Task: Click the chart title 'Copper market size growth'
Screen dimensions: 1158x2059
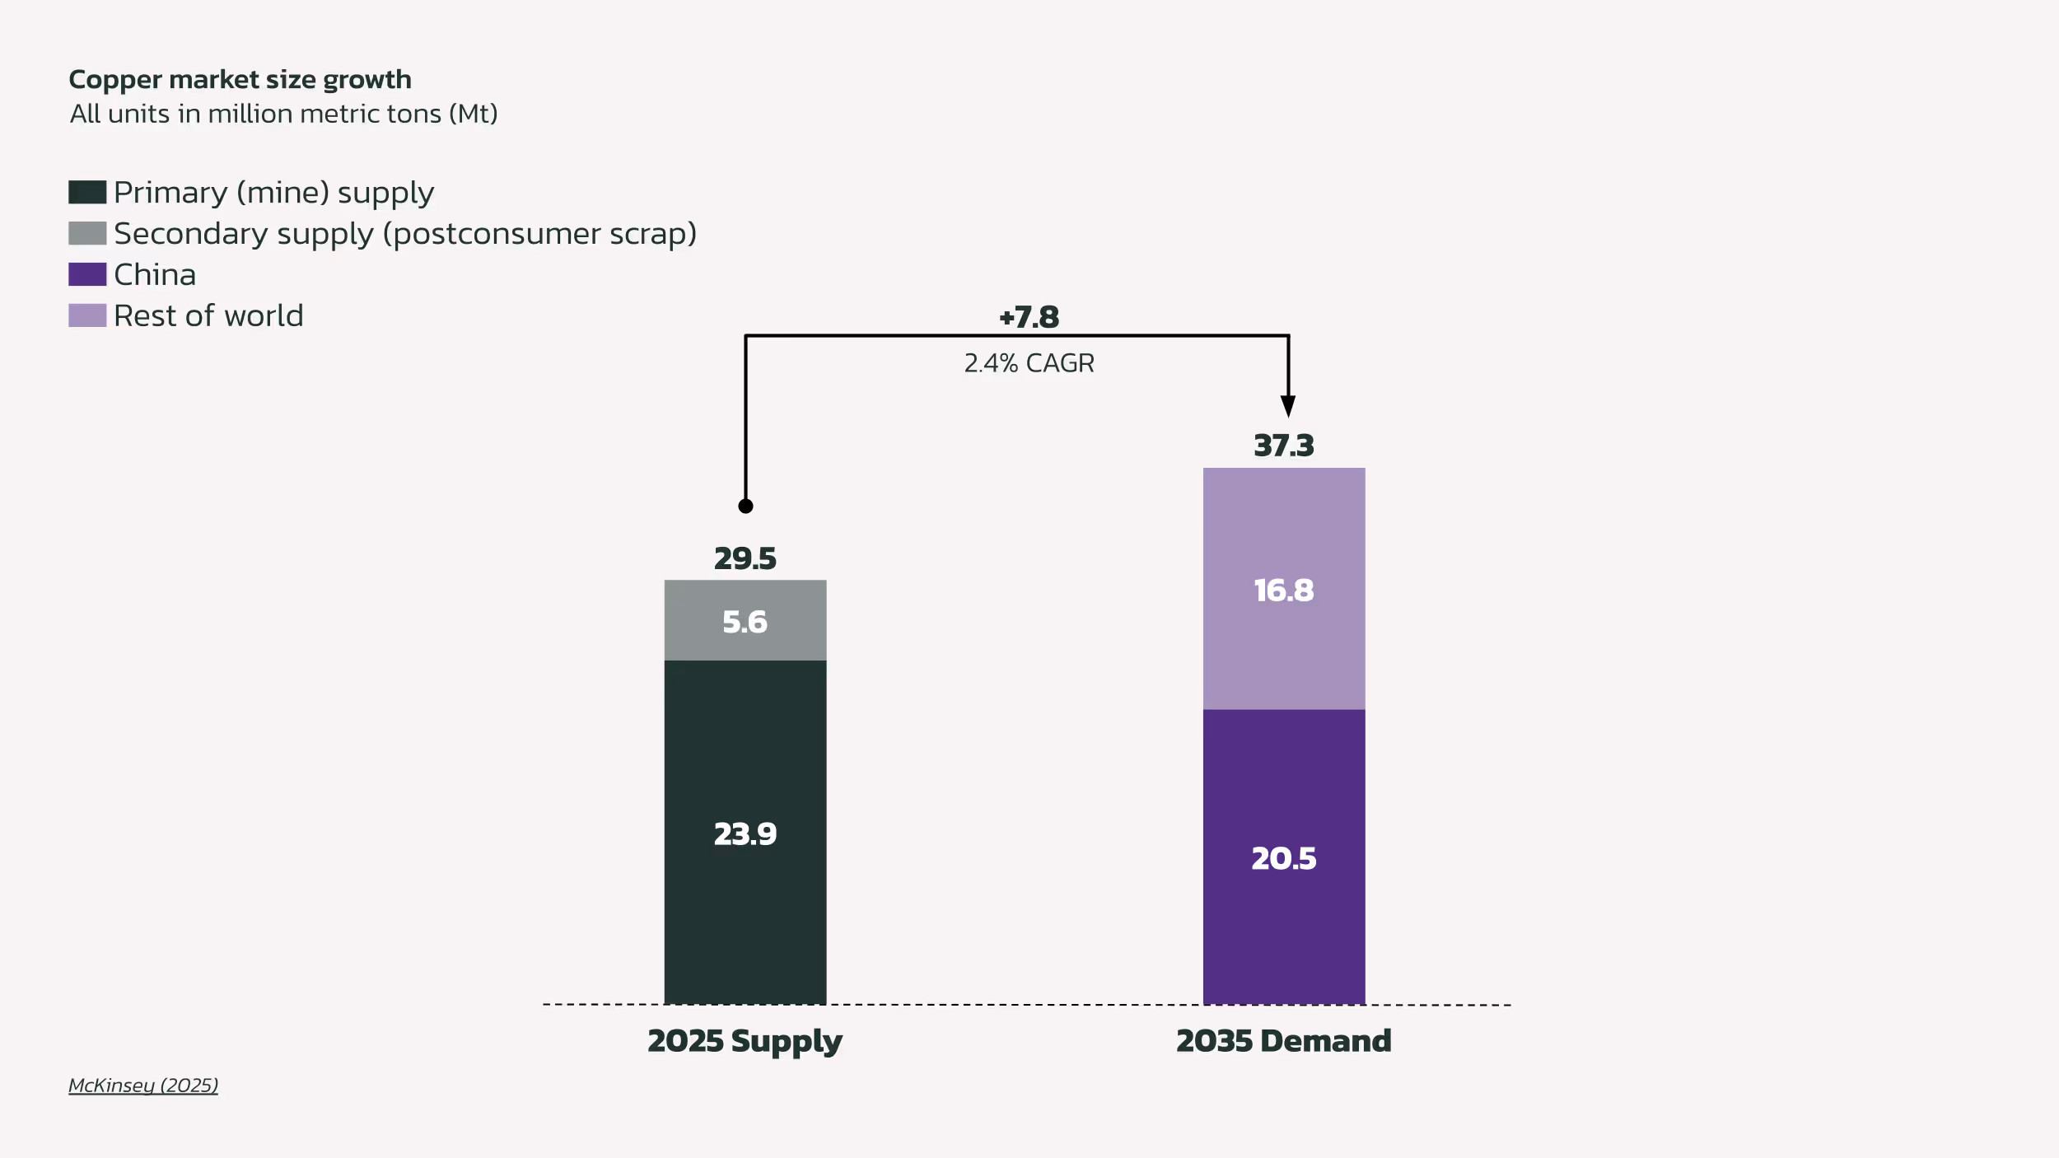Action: [240, 80]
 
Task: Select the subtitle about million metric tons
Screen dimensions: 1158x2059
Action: [283, 114]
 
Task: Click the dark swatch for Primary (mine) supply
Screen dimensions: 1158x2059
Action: [87, 192]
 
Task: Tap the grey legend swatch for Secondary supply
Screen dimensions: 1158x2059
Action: [87, 233]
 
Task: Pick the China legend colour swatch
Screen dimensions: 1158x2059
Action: [87, 274]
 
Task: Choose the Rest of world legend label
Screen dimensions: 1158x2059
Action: [208, 316]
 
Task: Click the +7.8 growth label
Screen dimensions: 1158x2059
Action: [1029, 317]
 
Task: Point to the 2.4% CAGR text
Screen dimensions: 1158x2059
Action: [1029, 363]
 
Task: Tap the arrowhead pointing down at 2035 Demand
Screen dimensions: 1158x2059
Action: [1288, 405]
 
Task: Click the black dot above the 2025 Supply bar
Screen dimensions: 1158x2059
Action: [745, 507]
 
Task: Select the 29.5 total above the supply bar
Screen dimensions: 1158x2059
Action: [745, 559]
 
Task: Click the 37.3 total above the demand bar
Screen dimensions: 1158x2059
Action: [1283, 446]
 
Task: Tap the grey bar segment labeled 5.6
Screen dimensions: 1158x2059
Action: [745, 621]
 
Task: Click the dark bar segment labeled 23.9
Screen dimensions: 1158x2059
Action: [745, 833]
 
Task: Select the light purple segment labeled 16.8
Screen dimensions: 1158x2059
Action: [1283, 590]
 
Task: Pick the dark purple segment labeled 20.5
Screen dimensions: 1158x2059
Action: [1283, 858]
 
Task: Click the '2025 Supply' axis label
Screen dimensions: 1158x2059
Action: [745, 1041]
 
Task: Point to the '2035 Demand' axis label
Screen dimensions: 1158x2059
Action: [1283, 1041]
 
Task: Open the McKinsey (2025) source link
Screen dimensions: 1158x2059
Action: [143, 1086]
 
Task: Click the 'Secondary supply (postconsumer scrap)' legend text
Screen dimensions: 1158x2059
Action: [405, 234]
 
